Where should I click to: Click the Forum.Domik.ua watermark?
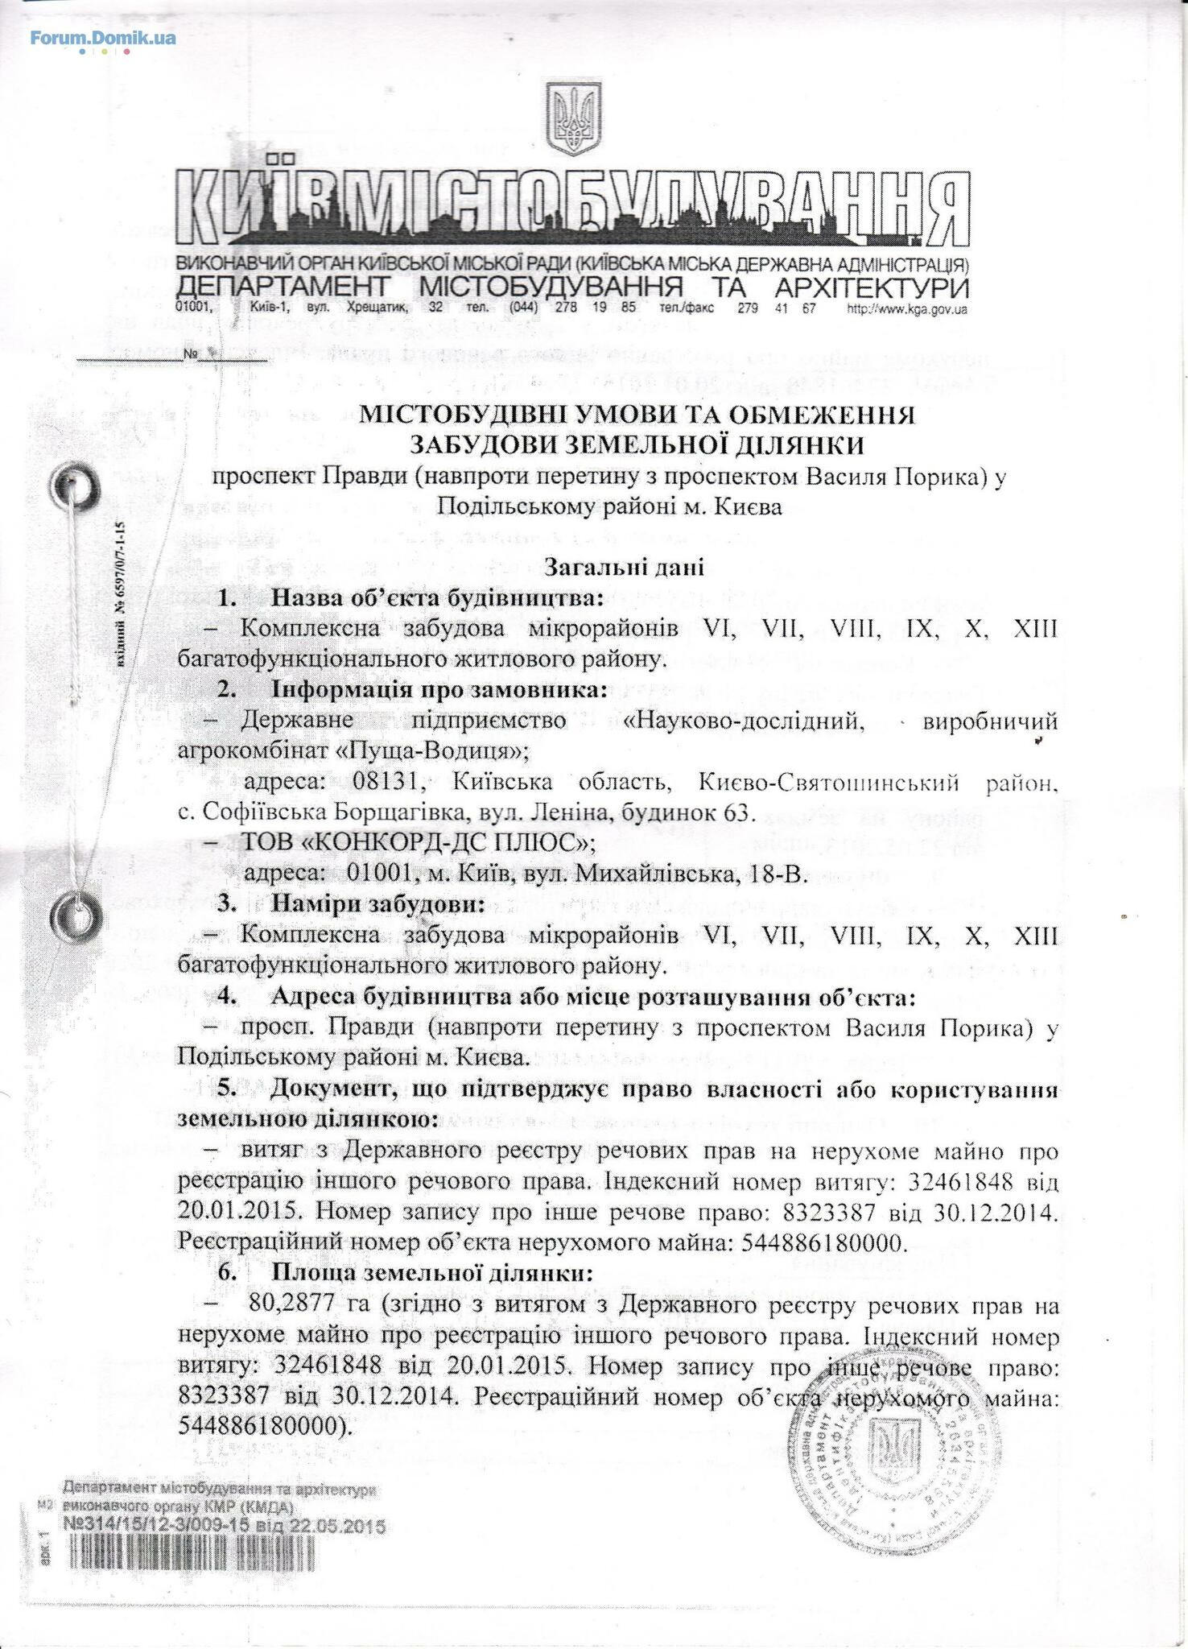click(103, 37)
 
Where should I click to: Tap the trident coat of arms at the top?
click(574, 121)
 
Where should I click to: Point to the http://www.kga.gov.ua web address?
click(907, 309)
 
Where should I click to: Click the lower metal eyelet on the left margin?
click(74, 914)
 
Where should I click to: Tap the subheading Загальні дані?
click(625, 568)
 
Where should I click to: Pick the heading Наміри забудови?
click(377, 904)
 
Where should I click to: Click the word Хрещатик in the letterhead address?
click(377, 309)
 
